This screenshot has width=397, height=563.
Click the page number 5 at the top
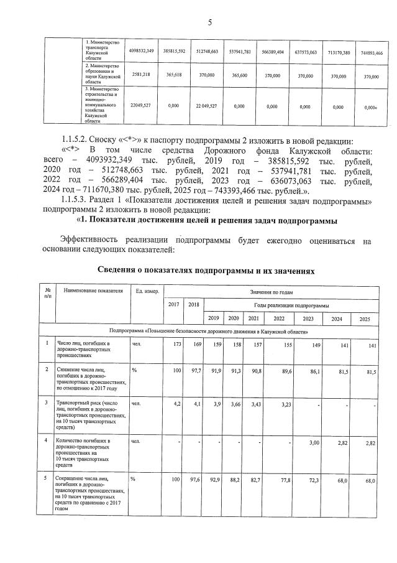point(209,23)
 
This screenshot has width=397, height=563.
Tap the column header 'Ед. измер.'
point(147,291)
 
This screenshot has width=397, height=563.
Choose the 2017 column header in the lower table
point(173,304)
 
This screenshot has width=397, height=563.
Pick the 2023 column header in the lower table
point(308,319)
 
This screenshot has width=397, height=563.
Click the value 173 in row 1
point(175,343)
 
